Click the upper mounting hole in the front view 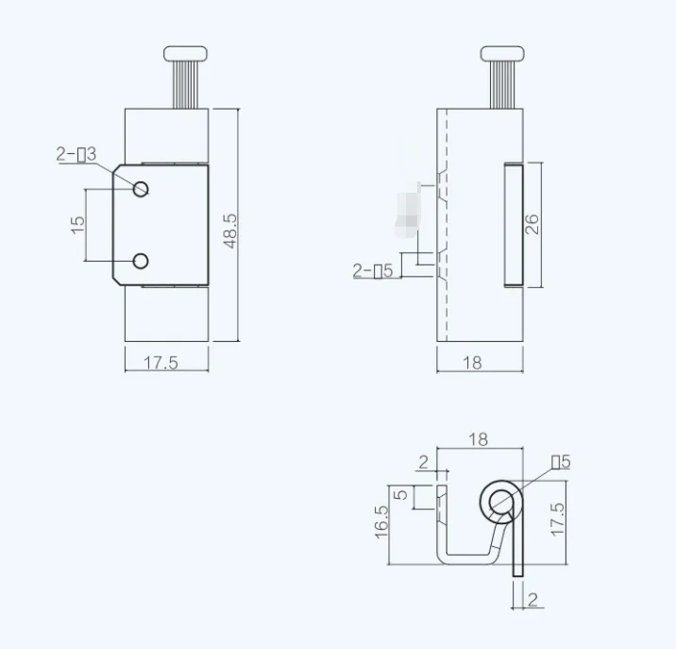pyautogui.click(x=141, y=188)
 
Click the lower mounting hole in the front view pyautogui.click(x=141, y=261)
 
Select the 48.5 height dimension pyautogui.click(x=229, y=230)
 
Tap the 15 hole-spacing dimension pyautogui.click(x=78, y=224)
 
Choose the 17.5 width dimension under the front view pyautogui.click(x=161, y=363)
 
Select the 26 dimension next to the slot pyautogui.click(x=532, y=224)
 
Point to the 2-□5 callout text pyautogui.click(x=373, y=271)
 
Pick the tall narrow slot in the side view pyautogui.click(x=513, y=224)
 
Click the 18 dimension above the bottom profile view pyautogui.click(x=478, y=439)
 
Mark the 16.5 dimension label pyautogui.click(x=381, y=521)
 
